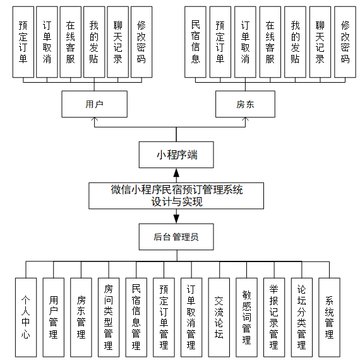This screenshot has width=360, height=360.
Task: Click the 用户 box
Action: click(x=94, y=104)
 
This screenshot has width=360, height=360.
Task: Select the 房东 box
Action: click(x=245, y=104)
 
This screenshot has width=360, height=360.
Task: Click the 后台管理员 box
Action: click(x=176, y=237)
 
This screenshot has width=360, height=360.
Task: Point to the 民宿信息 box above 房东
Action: click(x=195, y=42)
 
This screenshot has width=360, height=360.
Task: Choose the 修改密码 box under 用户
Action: click(x=141, y=42)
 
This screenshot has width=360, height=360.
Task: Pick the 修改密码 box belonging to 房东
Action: click(x=345, y=42)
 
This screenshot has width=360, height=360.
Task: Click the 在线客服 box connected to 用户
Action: click(x=70, y=42)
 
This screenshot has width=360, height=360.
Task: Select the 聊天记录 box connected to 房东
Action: click(x=320, y=42)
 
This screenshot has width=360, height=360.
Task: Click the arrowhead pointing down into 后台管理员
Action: click(x=176, y=219)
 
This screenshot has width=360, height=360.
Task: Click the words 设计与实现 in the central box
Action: click(x=176, y=202)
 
